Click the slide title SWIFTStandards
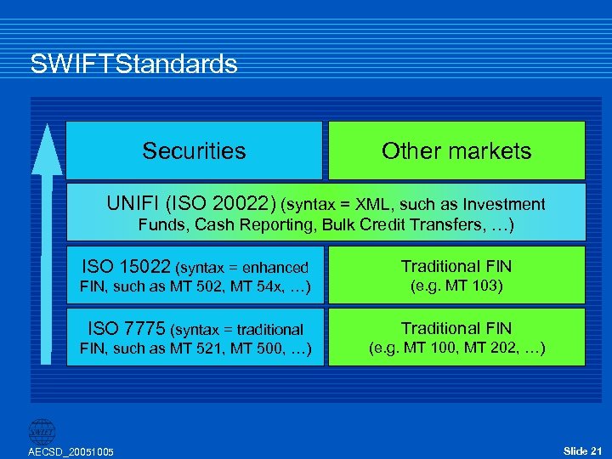click(133, 65)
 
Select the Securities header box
click(194, 151)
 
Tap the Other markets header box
click(456, 151)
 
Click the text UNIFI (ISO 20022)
click(191, 204)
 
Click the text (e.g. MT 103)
click(456, 286)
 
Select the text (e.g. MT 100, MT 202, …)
click(456, 348)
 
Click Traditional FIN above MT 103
click(456, 267)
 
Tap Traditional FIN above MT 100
click(456, 328)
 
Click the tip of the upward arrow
click(48, 128)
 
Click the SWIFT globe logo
click(42, 432)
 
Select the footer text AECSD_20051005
click(71, 450)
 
